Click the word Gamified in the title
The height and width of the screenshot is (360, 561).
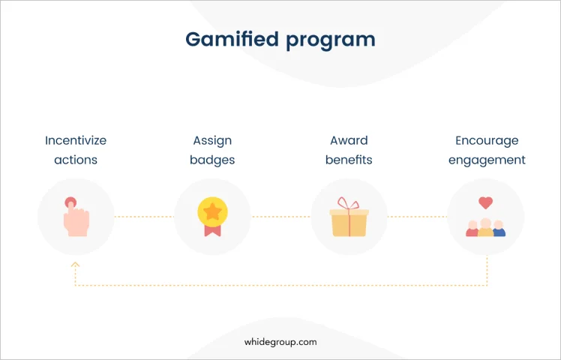[232, 39]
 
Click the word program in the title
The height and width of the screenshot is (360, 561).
[331, 40]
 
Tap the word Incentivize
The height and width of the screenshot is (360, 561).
[76, 140]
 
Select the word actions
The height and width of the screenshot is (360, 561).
[76, 160]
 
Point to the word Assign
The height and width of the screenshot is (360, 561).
[212, 141]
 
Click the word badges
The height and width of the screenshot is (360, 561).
[212, 160]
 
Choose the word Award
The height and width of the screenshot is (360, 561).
[349, 140]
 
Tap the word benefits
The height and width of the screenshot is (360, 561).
[349, 160]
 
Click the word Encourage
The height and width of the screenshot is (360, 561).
[487, 141]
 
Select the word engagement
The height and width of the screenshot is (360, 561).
[487, 160]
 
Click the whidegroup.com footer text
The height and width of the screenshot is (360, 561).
[280, 342]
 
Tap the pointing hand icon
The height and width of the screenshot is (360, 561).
[76, 217]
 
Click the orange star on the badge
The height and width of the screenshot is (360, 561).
[212, 211]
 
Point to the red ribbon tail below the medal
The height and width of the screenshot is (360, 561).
[212, 230]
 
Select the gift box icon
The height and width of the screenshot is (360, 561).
[349, 217]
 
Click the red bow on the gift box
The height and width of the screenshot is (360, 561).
[348, 203]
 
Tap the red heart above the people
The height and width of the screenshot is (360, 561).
[485, 203]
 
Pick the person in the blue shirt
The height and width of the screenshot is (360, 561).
[499, 229]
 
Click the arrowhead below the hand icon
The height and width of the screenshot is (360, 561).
[75, 265]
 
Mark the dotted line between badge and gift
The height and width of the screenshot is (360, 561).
[280, 217]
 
